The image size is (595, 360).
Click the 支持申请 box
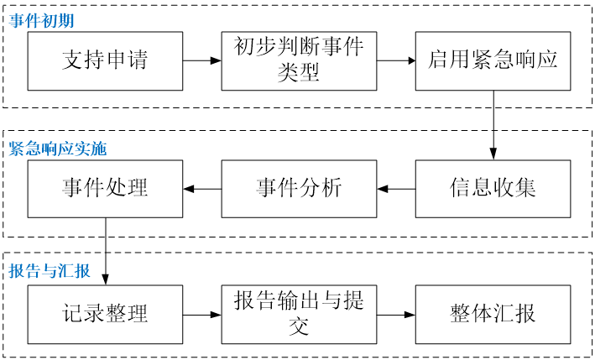[x=105, y=60]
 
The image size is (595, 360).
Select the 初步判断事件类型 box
[x=299, y=60]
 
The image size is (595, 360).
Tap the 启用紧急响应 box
[x=493, y=60]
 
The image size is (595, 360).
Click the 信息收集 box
[x=493, y=188]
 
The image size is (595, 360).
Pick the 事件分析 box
[x=299, y=188]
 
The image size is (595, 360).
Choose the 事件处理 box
[x=105, y=188]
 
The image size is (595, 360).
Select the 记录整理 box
[x=105, y=315]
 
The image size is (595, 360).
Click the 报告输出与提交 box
[x=299, y=315]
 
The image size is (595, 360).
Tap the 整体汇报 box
[x=493, y=315]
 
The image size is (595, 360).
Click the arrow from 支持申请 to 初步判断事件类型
[x=202, y=60]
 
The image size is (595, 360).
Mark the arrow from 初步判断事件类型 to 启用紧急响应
[x=396, y=60]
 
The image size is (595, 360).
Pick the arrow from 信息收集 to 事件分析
[x=396, y=188]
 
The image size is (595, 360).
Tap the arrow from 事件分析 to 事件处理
[x=202, y=188]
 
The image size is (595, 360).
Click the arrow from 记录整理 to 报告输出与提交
[x=202, y=315]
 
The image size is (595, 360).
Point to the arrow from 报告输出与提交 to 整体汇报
[x=396, y=315]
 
